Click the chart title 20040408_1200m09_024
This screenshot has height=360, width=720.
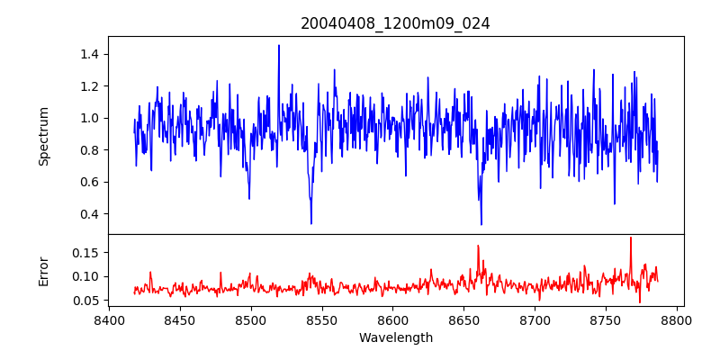[395, 23]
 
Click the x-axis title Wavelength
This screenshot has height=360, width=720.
[395, 337]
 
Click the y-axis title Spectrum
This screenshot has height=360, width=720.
[44, 136]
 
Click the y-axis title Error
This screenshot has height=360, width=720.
[44, 271]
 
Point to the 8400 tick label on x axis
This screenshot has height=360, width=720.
[109, 319]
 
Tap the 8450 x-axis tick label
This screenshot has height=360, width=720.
[180, 319]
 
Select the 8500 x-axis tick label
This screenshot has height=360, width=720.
[251, 319]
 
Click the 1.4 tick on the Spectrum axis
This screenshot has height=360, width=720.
[87, 54]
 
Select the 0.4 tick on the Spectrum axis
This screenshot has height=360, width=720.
[87, 213]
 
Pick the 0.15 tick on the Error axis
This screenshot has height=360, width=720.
[85, 254]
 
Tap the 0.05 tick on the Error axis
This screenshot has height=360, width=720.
[85, 300]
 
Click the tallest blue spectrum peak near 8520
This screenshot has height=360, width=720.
[279, 45]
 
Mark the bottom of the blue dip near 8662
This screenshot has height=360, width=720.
[481, 224]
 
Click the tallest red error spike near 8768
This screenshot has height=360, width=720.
[631, 238]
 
